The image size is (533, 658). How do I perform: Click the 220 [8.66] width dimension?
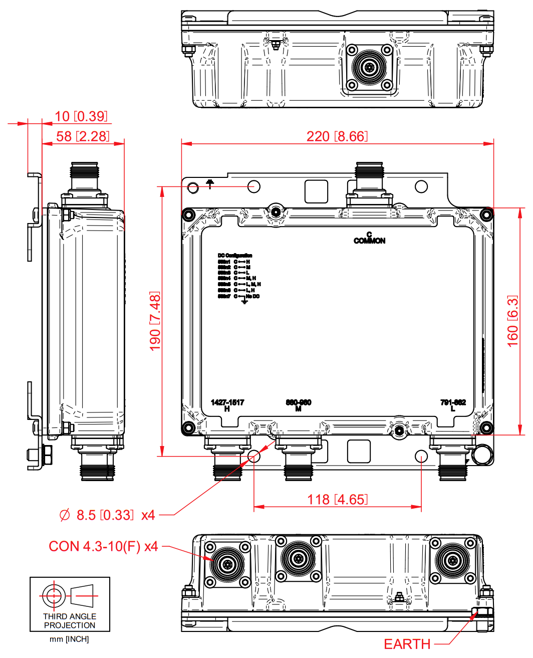point(337,136)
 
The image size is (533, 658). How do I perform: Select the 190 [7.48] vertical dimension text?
point(155,321)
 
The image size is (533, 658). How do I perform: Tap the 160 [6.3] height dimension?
point(512,321)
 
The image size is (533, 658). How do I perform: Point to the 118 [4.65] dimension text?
point(337,499)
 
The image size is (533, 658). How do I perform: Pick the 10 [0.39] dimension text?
point(81,116)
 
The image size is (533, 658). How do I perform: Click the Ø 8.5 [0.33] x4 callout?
point(107,515)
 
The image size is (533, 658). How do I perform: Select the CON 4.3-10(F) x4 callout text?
point(103,546)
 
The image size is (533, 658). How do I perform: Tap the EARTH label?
point(407,644)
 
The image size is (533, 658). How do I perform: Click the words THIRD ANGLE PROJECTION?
point(70,621)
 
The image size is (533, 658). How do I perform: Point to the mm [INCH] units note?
point(69,639)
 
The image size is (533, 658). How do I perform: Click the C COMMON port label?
point(369,238)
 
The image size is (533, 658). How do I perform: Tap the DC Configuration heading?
point(234,256)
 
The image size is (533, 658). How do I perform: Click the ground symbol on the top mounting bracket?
point(210,184)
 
